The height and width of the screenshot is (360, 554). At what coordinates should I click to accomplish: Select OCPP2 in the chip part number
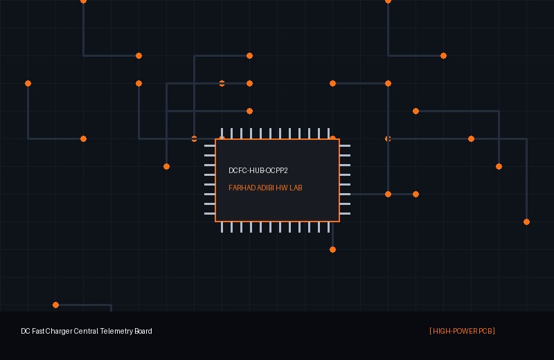(x=276, y=170)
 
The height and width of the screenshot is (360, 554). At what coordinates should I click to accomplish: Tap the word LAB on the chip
(x=296, y=188)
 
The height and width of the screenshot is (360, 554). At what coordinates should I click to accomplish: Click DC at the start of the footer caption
(x=26, y=331)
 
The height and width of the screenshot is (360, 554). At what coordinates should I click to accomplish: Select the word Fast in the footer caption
(x=38, y=331)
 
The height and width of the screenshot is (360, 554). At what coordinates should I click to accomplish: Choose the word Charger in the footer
(x=59, y=332)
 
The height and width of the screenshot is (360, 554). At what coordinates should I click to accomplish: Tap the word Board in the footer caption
(x=143, y=331)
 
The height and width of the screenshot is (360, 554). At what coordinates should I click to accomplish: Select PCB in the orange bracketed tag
(x=485, y=331)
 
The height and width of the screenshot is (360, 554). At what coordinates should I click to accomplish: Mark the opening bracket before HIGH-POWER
(x=431, y=331)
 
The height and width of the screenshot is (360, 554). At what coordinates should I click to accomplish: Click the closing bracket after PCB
(x=494, y=331)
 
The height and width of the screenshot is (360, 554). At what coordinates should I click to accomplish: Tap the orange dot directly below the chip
(x=332, y=250)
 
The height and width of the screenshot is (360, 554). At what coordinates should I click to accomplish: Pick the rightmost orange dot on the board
(x=526, y=222)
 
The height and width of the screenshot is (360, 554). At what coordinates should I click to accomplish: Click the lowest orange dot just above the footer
(x=55, y=305)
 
